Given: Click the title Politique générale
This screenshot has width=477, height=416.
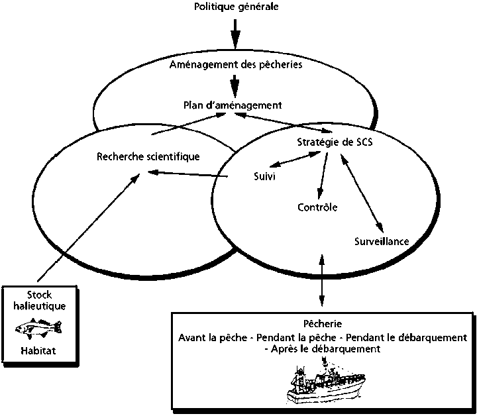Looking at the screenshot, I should [x=236, y=7].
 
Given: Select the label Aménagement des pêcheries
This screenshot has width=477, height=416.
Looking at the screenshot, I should [x=236, y=64].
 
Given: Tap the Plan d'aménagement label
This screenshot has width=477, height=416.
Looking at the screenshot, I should [x=233, y=105].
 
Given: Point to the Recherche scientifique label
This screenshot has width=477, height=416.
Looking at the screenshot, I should [x=148, y=156].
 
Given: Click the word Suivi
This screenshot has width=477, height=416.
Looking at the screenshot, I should [x=264, y=177].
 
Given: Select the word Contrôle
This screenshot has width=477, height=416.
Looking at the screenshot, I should [x=317, y=207].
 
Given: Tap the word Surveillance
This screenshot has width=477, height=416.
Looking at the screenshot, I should [x=382, y=241].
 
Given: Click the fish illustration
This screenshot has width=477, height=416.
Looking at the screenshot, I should [x=38, y=327].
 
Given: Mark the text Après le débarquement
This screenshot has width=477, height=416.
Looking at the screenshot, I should [x=323, y=349].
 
